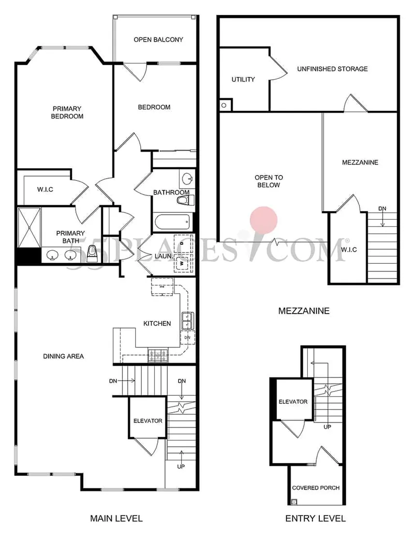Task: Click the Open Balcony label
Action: click(x=158, y=40)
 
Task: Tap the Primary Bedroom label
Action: click(x=67, y=113)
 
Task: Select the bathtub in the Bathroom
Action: click(x=172, y=222)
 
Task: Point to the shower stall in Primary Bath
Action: click(x=30, y=227)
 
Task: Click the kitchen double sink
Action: click(x=188, y=321)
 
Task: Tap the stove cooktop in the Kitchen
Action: click(x=158, y=356)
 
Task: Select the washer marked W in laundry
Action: click(x=182, y=264)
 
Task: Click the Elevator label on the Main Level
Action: click(x=148, y=421)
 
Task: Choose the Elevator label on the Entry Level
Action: click(x=293, y=402)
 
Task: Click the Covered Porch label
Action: click(x=316, y=488)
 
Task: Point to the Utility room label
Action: click(x=243, y=79)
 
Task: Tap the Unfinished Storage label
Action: click(x=332, y=69)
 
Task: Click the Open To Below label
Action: click(x=269, y=181)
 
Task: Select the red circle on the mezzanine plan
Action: click(x=264, y=220)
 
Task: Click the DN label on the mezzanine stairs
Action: click(x=382, y=209)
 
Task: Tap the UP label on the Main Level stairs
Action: click(x=181, y=466)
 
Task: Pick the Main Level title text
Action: click(x=117, y=518)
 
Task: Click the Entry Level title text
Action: click(x=315, y=518)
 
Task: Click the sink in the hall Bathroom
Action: click(x=187, y=179)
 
